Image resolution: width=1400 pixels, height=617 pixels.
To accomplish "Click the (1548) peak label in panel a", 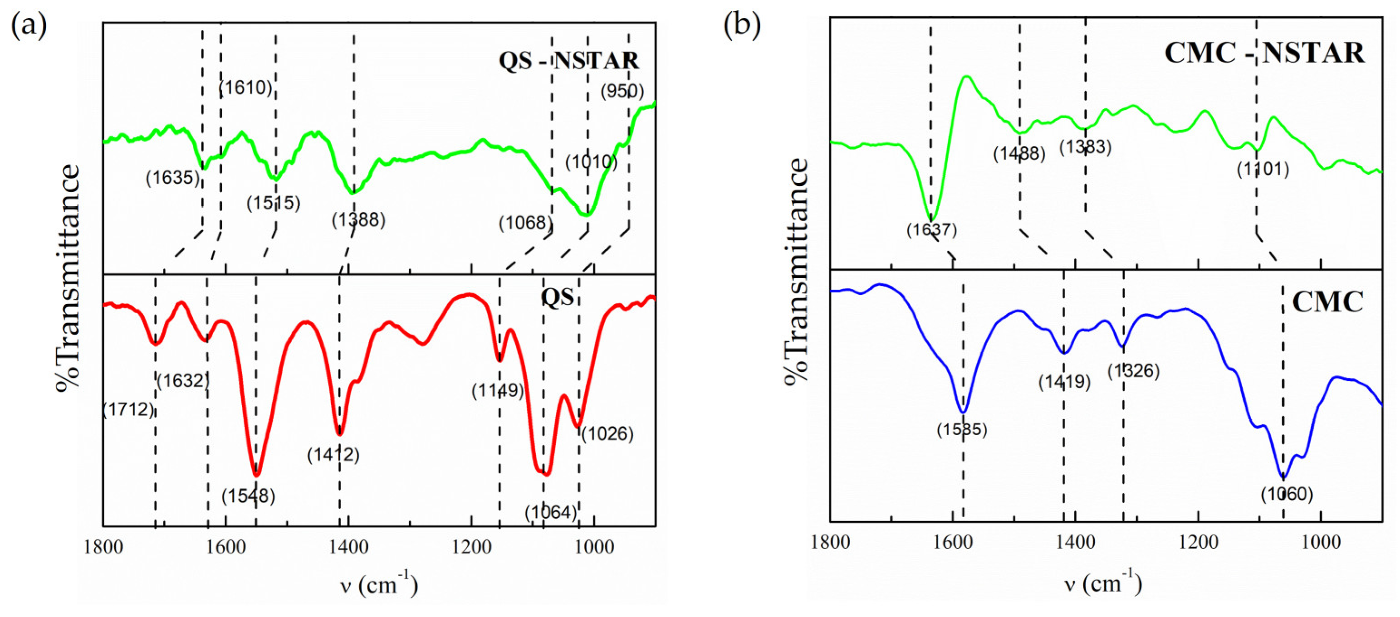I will click(248, 496).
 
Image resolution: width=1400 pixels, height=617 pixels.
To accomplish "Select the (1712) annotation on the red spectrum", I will click(128, 409).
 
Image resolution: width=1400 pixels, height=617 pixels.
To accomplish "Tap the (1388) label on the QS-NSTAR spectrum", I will click(358, 220).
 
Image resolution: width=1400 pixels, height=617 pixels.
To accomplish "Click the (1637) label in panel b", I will click(931, 230).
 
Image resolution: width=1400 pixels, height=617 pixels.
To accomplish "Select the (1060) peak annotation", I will click(1287, 494).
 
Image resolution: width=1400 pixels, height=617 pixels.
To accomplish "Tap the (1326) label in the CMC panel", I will click(1134, 371).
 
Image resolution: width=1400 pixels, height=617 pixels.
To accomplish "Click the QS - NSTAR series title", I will click(568, 60).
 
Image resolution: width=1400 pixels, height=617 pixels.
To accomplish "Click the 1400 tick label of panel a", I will click(348, 547).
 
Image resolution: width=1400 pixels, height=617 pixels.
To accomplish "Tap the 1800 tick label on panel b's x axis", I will click(830, 543).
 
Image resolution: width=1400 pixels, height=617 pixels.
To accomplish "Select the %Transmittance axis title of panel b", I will click(797, 272).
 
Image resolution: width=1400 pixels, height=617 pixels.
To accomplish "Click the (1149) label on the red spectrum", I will click(497, 390).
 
